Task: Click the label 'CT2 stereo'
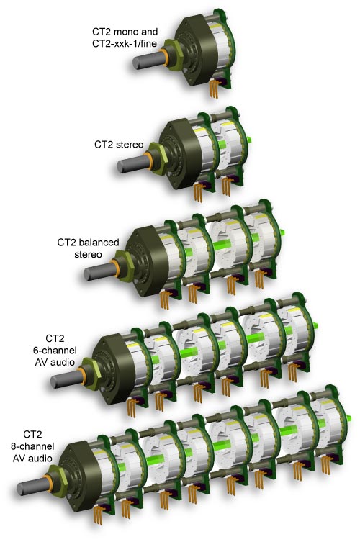tap(119, 144)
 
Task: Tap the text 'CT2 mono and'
tap(125, 32)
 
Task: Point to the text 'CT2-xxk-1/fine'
tap(124, 44)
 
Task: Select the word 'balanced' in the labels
tap(98, 243)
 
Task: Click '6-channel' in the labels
tap(55, 350)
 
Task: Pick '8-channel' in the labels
tap(32, 446)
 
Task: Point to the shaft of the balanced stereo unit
tap(98, 271)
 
